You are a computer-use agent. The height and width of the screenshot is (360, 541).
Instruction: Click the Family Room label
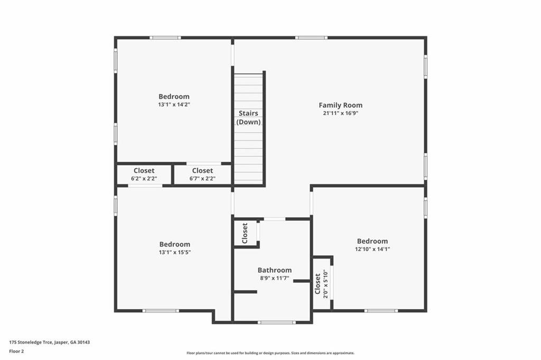341,105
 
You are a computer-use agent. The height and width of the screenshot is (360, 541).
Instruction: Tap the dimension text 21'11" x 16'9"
341,113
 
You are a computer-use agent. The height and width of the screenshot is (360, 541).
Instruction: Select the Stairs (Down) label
248,117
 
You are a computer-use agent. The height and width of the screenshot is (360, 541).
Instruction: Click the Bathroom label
275,270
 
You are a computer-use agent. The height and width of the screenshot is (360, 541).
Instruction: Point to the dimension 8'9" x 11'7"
275,278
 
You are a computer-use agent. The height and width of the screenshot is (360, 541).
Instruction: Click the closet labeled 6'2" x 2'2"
144,174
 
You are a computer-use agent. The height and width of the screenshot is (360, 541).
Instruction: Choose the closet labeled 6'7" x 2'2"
202,174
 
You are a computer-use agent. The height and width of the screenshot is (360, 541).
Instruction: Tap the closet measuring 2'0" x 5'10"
322,283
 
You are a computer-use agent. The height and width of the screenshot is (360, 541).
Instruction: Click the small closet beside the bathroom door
245,233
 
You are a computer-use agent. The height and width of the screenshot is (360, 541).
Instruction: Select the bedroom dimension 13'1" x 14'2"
174,105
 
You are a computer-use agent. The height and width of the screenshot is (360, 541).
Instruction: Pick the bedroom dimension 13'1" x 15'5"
175,252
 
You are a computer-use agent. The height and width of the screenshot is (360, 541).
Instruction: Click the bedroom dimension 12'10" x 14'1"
372,249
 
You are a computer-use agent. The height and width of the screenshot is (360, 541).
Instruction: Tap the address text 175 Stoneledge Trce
31,343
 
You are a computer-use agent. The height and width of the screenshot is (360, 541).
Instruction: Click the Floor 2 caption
16,352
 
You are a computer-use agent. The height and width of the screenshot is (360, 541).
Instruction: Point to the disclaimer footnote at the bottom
270,353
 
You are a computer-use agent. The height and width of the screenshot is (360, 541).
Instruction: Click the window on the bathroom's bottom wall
277,322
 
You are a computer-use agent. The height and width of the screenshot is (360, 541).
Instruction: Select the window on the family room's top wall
311,38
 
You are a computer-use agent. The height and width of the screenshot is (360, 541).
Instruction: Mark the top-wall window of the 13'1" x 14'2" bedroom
165,38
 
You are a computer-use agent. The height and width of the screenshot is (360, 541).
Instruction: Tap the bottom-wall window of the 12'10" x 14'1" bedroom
381,311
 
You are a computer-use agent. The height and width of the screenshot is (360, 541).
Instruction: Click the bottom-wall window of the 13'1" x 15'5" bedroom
161,311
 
